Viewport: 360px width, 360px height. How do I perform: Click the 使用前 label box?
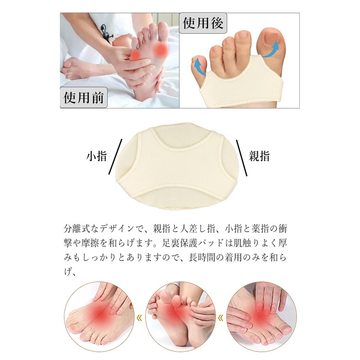click(84, 97)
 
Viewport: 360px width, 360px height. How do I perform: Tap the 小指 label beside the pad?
click(96, 157)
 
